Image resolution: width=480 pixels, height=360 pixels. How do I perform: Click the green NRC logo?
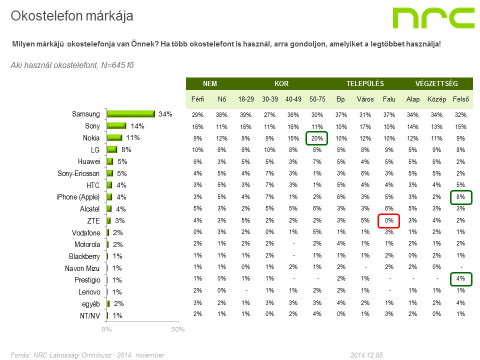click(433, 18)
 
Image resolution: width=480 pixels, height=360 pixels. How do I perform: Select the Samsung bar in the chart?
click(130, 114)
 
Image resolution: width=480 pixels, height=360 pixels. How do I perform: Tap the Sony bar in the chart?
click(116, 126)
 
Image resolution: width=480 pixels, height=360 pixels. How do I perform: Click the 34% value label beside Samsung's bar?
click(165, 114)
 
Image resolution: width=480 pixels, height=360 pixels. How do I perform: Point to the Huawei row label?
click(89, 161)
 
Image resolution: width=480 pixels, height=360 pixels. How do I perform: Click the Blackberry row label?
click(84, 256)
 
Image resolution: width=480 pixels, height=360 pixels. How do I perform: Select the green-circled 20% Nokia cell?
click(317, 138)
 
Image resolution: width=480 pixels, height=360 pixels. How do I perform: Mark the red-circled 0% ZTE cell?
click(389, 220)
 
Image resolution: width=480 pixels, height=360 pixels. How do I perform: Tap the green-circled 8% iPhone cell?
click(460, 197)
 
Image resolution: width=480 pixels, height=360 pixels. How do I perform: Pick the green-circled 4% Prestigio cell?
click(460, 278)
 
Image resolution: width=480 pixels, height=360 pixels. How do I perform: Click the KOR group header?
click(281, 84)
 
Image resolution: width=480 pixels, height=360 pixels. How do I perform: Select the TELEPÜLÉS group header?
click(365, 84)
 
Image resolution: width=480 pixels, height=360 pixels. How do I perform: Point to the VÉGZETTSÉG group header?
click(436, 84)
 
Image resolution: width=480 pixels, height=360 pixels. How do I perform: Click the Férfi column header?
click(198, 99)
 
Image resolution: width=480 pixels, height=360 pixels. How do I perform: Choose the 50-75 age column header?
click(317, 99)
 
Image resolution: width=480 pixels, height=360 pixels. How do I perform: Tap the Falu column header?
click(389, 99)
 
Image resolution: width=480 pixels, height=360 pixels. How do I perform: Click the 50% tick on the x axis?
click(178, 329)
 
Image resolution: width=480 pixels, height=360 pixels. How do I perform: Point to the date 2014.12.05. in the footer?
click(367, 355)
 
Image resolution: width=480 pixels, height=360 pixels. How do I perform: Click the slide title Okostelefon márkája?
click(72, 16)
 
